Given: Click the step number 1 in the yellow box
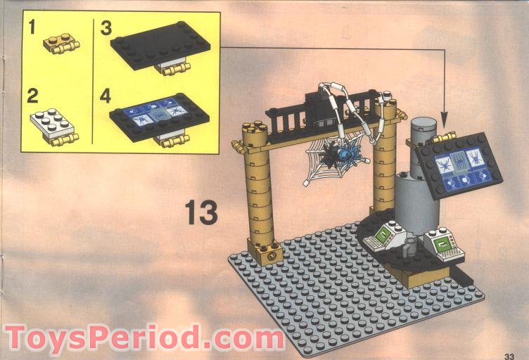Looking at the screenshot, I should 32,28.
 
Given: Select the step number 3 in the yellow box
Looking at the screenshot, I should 106,28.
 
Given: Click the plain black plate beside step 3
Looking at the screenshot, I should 160,46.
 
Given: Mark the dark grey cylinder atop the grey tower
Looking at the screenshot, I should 423,134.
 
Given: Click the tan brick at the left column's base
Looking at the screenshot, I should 265,250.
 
